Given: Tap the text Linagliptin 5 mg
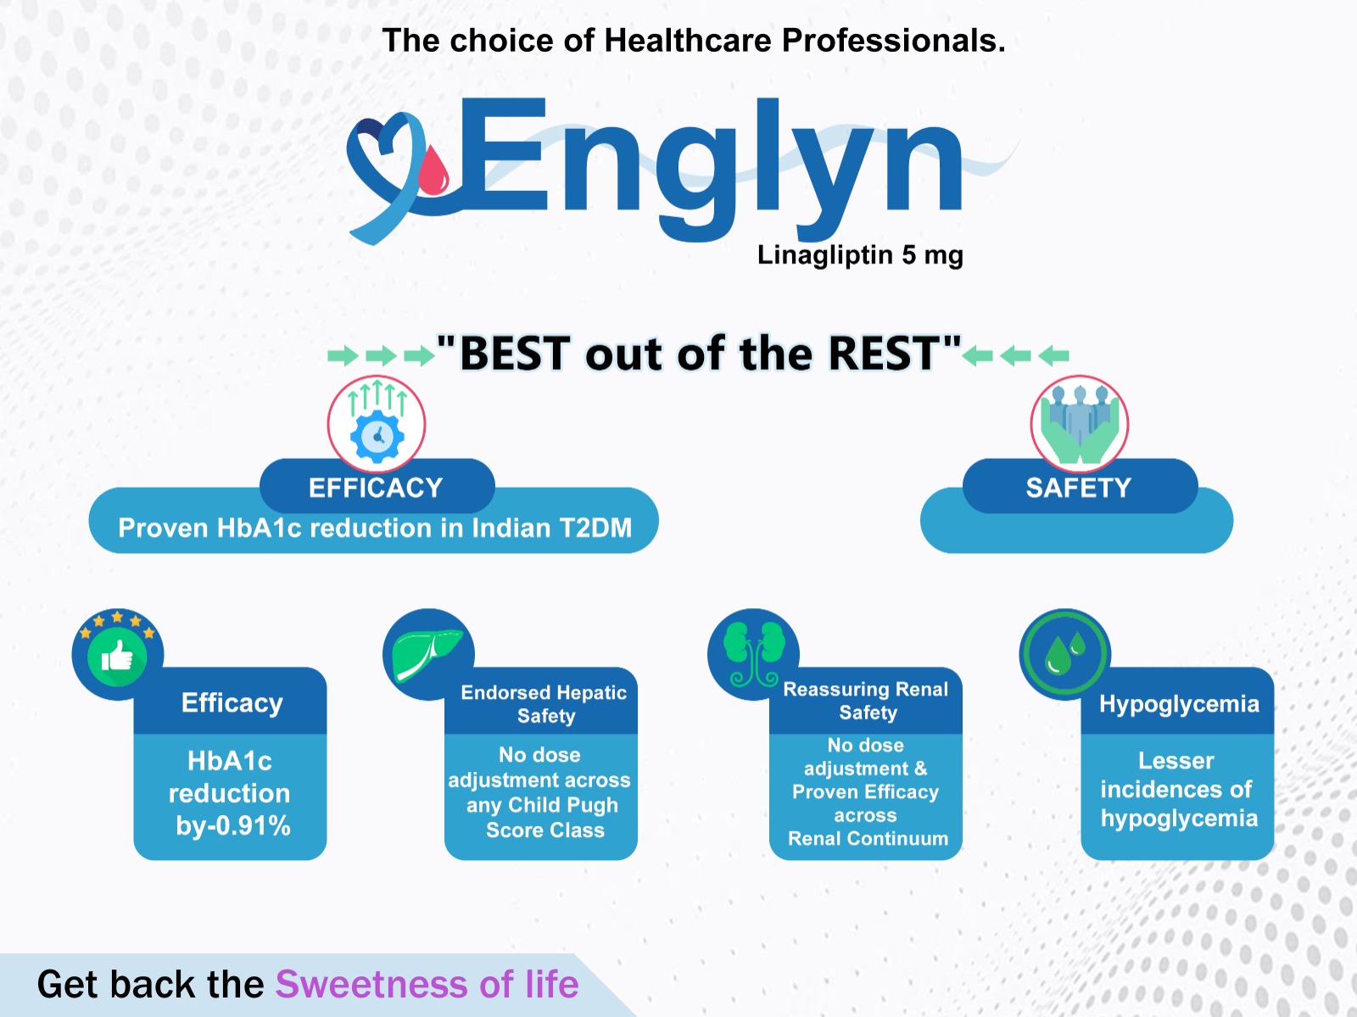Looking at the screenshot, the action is pos(860,254).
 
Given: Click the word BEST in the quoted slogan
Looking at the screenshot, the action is pos(514,354).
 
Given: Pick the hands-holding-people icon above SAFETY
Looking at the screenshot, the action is pos(1080,424).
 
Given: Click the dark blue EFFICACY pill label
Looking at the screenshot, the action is pos(377,487).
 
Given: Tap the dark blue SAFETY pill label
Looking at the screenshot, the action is pos(1080,487).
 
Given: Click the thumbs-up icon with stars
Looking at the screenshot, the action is pos(117,653).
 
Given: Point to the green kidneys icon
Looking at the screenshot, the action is pos(754,653).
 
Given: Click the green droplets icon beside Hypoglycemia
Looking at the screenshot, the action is pos(1064,653).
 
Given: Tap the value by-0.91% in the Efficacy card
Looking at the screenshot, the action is pos(233,826).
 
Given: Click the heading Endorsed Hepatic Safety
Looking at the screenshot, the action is pos(544,703).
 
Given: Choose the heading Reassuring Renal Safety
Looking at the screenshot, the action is pos(866,701).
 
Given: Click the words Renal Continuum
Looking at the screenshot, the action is pos(868,838).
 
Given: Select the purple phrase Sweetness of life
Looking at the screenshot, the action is pos(427,984).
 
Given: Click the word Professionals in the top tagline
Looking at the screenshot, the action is pos(893,40).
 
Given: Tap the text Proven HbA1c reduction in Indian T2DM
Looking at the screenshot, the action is pos(375,528).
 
